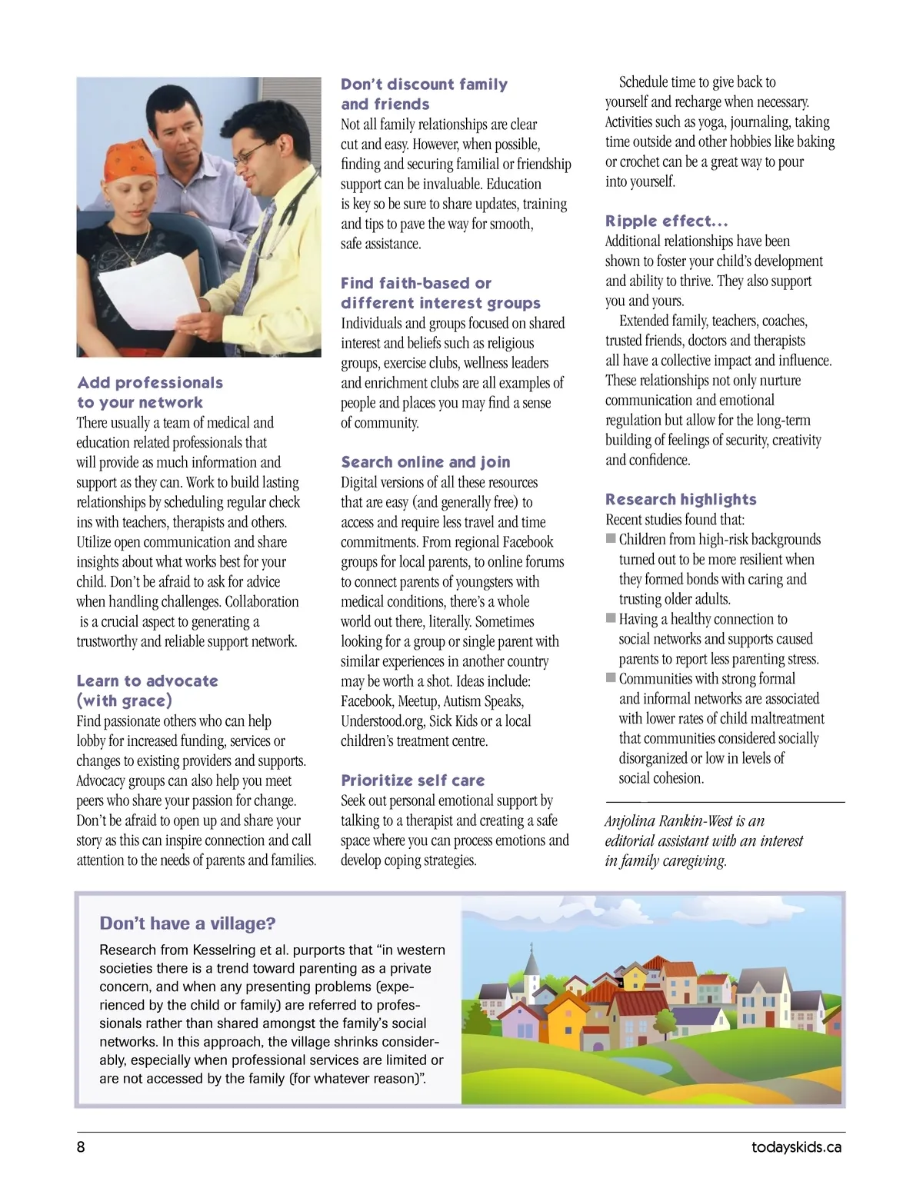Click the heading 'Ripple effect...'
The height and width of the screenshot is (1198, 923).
pos(666,221)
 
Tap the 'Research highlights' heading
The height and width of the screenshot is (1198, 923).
pos(681,500)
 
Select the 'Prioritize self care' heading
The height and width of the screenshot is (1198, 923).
pos(412,780)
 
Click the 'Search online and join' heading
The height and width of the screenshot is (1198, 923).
pos(425,462)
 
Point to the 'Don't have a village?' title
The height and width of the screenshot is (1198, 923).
pos(187,923)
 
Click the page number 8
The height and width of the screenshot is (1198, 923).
pos(81,1147)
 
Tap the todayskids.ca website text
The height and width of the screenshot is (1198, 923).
pos(796,1147)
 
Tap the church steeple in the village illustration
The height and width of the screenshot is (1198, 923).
pos(531,960)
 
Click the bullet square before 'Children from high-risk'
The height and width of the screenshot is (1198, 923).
pos(611,538)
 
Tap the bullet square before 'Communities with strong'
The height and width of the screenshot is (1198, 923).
pos(611,677)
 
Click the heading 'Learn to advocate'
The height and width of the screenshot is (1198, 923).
pos(147,681)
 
